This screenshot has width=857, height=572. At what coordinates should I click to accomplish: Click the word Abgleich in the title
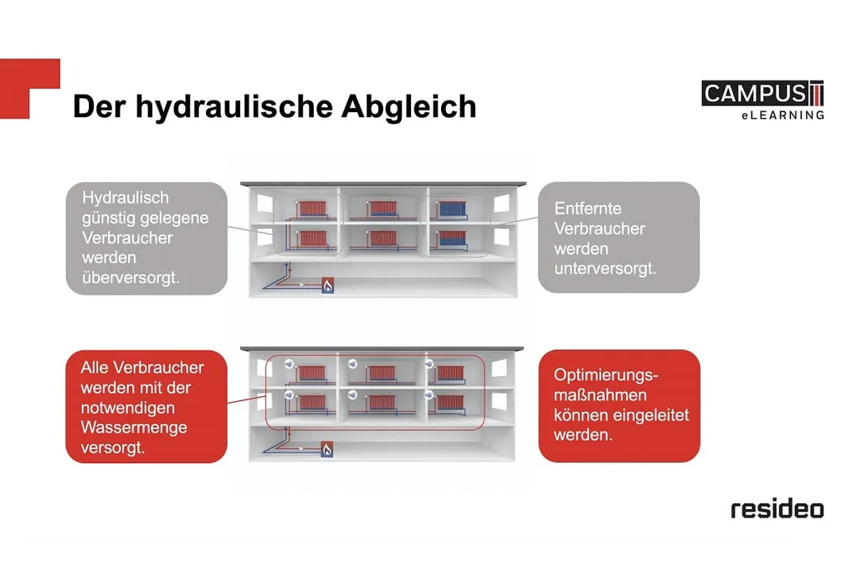[408, 106]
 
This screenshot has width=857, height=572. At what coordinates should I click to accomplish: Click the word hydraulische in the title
[234, 106]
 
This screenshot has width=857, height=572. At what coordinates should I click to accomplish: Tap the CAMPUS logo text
[754, 94]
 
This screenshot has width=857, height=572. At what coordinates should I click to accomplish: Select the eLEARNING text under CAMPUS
[783, 116]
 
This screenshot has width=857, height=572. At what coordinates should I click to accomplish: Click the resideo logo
[777, 509]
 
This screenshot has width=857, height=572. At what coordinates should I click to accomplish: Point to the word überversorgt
[131, 277]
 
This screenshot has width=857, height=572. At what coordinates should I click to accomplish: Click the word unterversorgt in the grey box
[605, 269]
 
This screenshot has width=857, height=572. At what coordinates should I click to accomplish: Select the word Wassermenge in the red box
[134, 427]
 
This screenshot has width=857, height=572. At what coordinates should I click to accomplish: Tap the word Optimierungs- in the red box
[606, 375]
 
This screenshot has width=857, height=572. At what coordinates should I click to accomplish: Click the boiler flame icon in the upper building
[327, 286]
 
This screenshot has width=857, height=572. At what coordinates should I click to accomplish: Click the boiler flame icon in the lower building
[327, 450]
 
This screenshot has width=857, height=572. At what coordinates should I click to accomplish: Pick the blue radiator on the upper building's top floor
[453, 209]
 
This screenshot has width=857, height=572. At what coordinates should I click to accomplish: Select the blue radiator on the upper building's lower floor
[453, 238]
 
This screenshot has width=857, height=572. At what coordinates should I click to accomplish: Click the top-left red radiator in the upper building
[312, 209]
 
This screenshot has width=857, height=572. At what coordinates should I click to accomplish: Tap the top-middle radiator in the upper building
[382, 209]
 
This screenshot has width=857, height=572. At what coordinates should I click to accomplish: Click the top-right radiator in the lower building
[450, 373]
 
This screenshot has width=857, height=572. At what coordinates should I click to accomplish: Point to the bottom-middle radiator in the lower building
[382, 403]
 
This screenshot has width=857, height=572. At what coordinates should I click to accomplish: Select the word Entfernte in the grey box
[588, 209]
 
